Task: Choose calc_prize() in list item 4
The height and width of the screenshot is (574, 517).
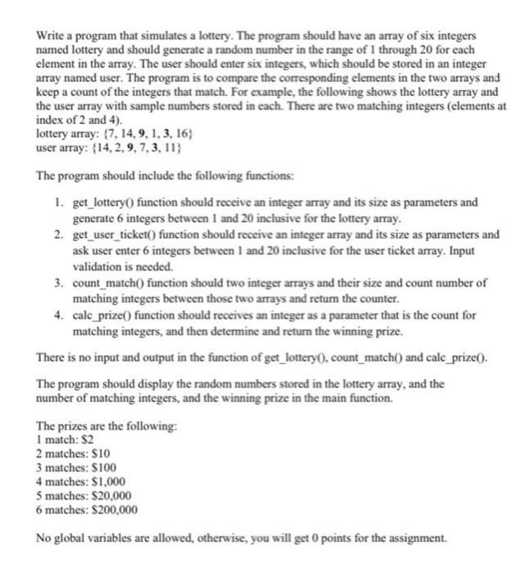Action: [x=107, y=316]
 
